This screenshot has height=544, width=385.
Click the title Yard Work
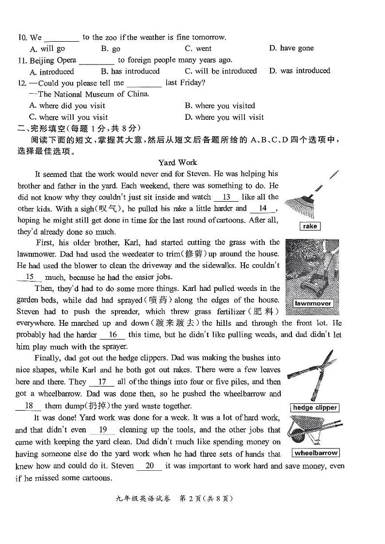point(178,162)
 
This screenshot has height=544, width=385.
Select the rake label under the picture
point(310,226)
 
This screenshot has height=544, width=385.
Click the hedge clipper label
point(315,408)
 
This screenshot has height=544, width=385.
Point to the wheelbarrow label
point(316,453)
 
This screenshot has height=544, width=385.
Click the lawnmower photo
point(312,272)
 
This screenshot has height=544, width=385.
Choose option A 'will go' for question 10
point(48,49)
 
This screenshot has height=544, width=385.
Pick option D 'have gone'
point(291,48)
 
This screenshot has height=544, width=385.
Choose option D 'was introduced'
point(300,71)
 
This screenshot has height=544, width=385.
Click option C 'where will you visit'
point(68,117)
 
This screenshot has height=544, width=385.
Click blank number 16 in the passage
point(113,335)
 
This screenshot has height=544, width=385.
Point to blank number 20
point(150,466)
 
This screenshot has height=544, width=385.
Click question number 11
point(21,61)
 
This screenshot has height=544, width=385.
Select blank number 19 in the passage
point(103,430)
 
